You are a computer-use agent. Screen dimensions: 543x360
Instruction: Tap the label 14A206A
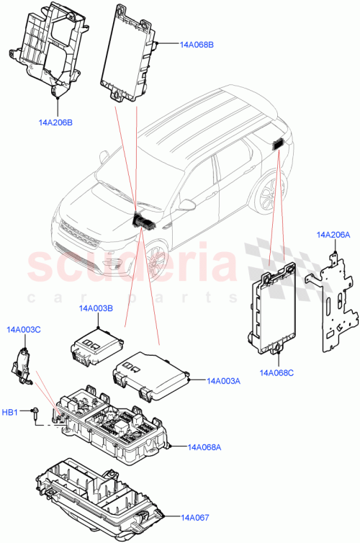coord(333,235)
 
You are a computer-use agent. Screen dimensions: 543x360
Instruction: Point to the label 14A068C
coord(277,372)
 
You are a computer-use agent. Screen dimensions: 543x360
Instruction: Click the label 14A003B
coord(97,308)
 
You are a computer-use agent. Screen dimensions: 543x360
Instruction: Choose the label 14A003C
coord(24,329)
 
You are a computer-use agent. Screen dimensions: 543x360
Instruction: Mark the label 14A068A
coord(204,447)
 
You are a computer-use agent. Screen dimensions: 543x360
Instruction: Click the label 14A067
coord(195,516)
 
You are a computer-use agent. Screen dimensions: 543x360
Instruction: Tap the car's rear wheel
coord(267,194)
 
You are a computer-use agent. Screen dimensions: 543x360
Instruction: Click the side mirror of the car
coord(186,205)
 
